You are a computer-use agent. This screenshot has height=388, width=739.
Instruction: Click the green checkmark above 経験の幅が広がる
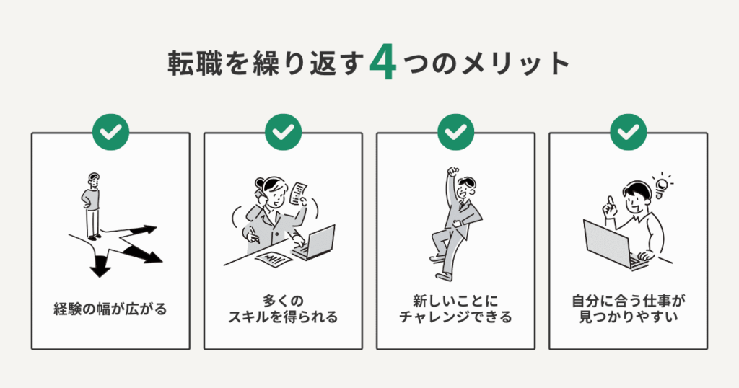tap(110, 132)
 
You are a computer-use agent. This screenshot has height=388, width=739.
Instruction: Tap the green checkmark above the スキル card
tap(283, 132)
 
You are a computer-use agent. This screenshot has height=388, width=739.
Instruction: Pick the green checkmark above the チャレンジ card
tap(455, 132)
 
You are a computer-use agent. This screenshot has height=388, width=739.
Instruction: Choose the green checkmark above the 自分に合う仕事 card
tap(628, 132)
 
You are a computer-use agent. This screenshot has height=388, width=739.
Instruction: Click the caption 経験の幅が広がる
tap(110, 309)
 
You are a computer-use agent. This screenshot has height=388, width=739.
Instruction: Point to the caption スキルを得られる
tap(283, 317)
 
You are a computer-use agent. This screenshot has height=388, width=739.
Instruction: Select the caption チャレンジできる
tap(455, 317)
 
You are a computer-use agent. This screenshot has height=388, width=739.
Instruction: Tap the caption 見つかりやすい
tap(628, 317)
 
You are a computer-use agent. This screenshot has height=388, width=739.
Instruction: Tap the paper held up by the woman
tap(298, 193)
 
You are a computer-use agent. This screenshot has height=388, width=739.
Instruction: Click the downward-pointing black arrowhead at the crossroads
tap(100, 270)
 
